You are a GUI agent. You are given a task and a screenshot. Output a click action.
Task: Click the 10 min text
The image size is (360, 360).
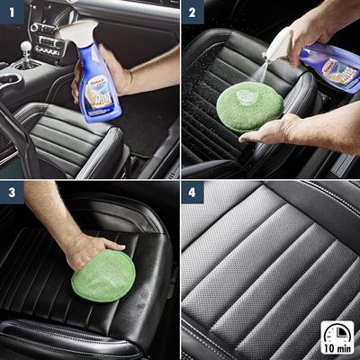pos(337,347)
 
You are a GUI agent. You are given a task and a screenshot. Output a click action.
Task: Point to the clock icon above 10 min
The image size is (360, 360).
pos(337,331)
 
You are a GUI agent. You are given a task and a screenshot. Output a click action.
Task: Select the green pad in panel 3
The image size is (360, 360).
pos(103,274)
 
